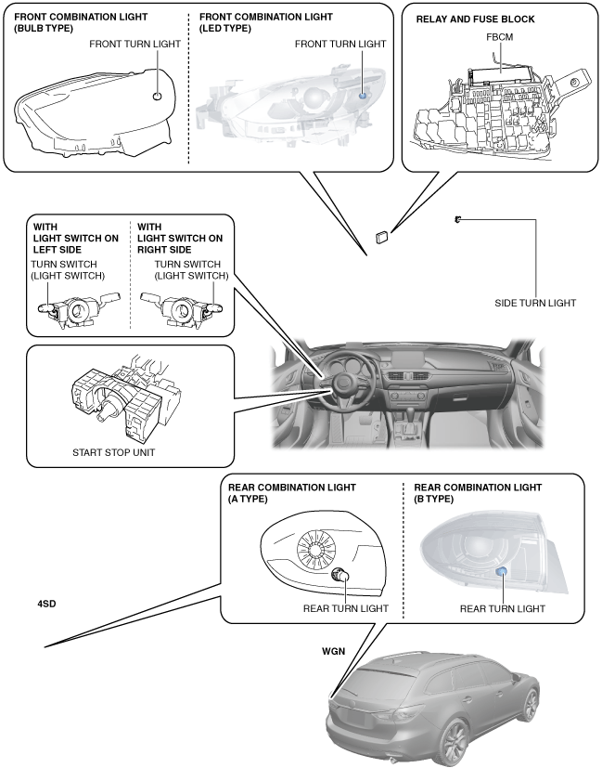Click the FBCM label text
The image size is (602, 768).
(x=499, y=37)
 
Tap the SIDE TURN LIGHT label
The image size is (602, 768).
(x=535, y=303)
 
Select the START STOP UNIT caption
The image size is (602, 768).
(x=113, y=452)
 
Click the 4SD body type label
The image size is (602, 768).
(x=46, y=604)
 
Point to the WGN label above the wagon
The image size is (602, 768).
(x=334, y=651)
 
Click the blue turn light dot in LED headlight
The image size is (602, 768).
(x=363, y=96)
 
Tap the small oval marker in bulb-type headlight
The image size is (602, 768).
(x=157, y=96)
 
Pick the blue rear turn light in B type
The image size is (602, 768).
(x=501, y=571)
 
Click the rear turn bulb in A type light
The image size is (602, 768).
(x=339, y=575)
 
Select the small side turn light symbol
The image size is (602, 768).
(x=457, y=220)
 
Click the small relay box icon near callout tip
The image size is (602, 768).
(x=382, y=237)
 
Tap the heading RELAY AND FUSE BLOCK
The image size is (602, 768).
(x=475, y=20)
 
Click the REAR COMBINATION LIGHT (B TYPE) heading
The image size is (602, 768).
(x=478, y=493)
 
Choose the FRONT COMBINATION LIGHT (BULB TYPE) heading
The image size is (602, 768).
(x=81, y=22)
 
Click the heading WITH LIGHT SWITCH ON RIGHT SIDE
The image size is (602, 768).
(x=180, y=238)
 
